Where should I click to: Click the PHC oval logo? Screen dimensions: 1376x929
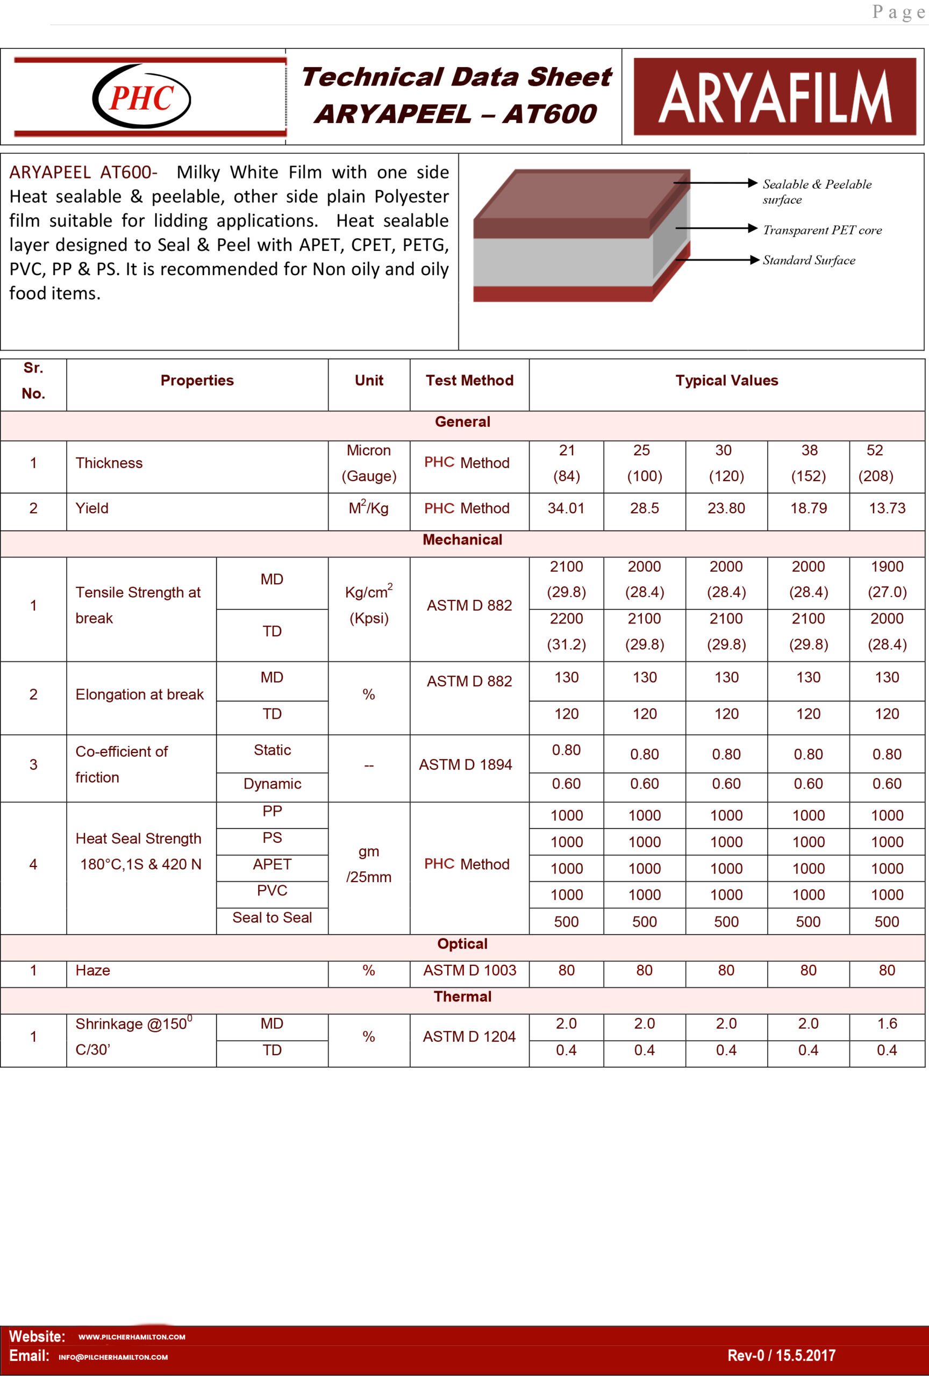tap(141, 97)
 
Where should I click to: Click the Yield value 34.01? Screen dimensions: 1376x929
tap(566, 508)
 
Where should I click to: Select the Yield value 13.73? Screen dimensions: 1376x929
tap(887, 508)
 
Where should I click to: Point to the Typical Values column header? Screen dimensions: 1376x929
tap(726, 381)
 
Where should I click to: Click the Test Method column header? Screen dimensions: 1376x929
tap(469, 381)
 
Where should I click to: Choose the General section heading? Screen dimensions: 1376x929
tap(462, 422)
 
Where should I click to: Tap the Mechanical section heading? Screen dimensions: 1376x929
tap(462, 540)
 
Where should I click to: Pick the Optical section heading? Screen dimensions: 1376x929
tap(462, 944)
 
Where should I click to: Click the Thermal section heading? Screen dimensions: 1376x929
tap(462, 997)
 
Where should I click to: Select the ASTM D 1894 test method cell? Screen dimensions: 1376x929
tap(466, 765)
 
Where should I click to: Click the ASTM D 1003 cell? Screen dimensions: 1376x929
tap(469, 970)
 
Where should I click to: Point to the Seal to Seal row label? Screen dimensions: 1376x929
tap(272, 918)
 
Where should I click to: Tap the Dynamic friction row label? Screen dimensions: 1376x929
tap(272, 784)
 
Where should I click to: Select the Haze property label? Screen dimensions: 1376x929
tap(93, 970)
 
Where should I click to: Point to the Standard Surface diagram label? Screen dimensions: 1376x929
tap(809, 261)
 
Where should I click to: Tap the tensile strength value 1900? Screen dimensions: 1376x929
tap(887, 567)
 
